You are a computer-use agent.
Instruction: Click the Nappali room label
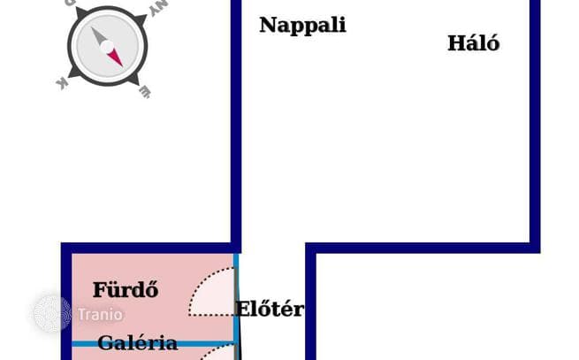[x=303, y=25]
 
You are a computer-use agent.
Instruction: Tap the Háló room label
[x=474, y=42]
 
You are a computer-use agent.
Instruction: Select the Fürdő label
[x=126, y=289]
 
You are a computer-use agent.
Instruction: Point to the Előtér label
[x=270, y=309]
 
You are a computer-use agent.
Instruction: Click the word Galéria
[x=138, y=342]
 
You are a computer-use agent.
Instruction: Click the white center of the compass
[x=107, y=47]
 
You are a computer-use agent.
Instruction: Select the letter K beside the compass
[x=62, y=84]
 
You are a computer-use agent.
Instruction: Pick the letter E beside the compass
[x=145, y=92]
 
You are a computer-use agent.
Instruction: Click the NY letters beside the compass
[x=159, y=8]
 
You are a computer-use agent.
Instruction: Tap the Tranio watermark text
[x=100, y=315]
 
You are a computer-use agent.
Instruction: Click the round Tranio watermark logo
[x=52, y=314]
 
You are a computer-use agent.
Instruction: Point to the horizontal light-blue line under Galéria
[x=153, y=344]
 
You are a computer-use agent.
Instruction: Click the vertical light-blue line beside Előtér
[x=236, y=307]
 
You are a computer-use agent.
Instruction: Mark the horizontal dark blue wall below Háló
[x=423, y=248]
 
